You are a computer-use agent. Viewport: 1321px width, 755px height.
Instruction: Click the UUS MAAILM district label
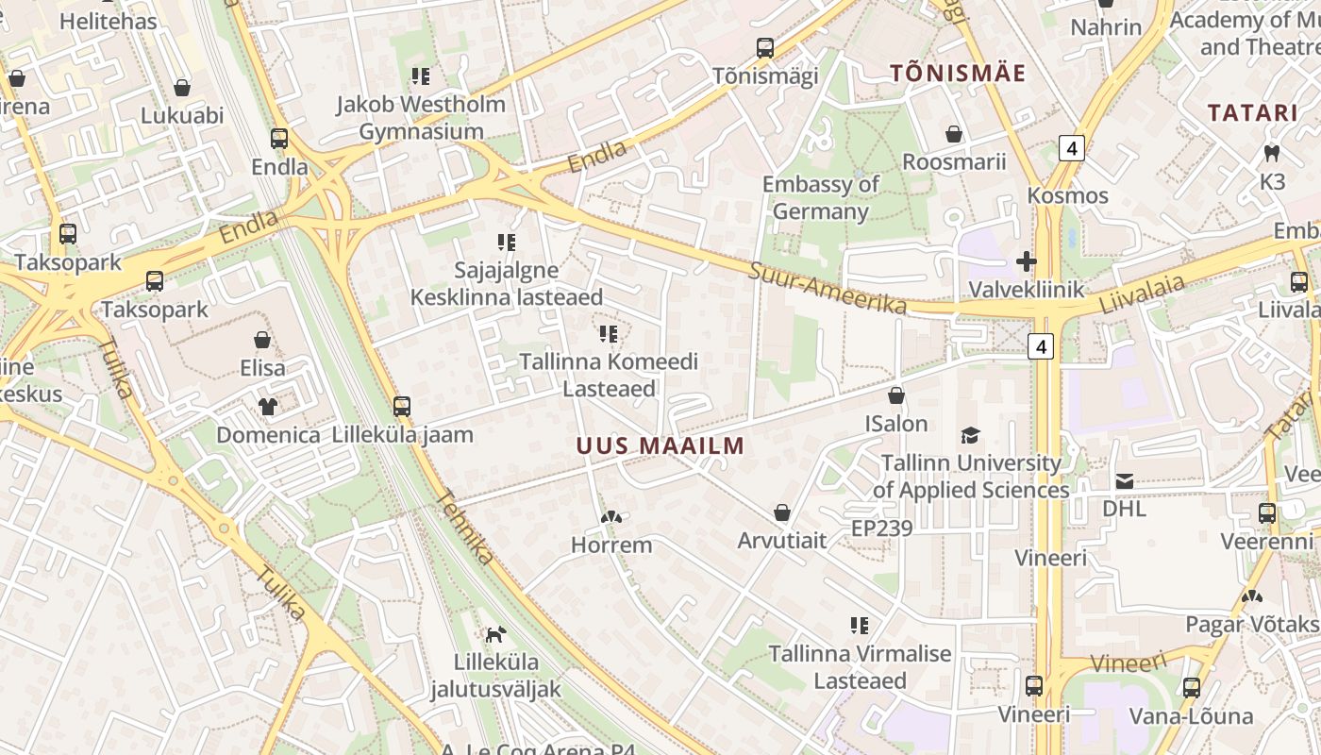660,445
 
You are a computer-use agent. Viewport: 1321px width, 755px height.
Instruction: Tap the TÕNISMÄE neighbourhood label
959,74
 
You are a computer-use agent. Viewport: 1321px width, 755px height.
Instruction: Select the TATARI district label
1253,113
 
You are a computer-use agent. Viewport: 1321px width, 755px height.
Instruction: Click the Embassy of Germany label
820,197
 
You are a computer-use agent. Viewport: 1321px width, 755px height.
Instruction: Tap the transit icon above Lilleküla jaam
402,407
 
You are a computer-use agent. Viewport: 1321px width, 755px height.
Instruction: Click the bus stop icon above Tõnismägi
765,47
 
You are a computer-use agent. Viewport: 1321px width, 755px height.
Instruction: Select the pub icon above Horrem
611,517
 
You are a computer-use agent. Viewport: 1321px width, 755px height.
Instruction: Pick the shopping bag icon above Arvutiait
782,512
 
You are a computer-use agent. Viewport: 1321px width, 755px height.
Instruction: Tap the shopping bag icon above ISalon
896,395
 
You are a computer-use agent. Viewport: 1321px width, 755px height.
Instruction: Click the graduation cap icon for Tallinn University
970,435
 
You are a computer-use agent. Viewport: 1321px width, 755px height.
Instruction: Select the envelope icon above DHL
1125,481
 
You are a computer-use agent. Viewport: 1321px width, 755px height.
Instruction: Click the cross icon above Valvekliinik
1027,261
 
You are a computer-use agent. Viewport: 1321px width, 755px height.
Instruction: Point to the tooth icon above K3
1272,153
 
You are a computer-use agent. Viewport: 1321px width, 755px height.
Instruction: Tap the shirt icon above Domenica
268,407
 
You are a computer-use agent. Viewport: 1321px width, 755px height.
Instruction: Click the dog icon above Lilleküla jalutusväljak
495,634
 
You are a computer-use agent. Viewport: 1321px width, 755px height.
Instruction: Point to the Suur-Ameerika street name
828,288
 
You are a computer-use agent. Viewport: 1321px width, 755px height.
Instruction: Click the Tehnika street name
466,529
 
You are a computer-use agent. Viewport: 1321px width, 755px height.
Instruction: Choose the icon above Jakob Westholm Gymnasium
421,75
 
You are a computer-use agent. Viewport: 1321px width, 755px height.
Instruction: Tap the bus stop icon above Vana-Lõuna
1192,687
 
